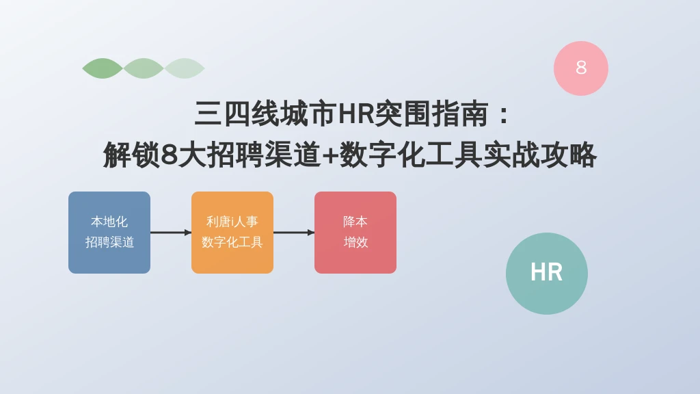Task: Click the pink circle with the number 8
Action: (x=581, y=68)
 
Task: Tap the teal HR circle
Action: (x=547, y=274)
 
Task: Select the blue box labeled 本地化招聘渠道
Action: (x=109, y=233)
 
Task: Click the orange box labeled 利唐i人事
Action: (x=232, y=233)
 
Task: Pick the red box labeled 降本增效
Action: (x=355, y=233)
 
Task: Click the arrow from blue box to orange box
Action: (x=171, y=233)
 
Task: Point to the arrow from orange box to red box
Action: (x=294, y=233)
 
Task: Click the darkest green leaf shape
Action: (x=103, y=68)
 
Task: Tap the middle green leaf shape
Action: (x=144, y=68)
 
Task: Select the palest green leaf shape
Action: (x=185, y=68)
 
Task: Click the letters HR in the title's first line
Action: (x=355, y=114)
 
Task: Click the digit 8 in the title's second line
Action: (x=169, y=155)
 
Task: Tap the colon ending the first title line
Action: (x=504, y=114)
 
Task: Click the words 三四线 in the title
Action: (x=237, y=114)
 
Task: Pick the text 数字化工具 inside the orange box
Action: (x=232, y=242)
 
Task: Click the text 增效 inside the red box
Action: (x=355, y=242)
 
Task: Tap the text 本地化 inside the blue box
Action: (x=109, y=222)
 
